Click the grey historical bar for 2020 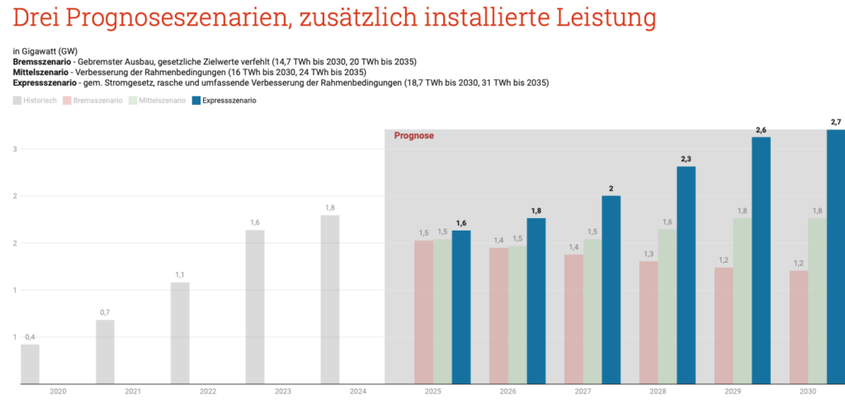click(30, 364)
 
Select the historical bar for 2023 click(255, 307)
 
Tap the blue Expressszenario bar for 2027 click(611, 289)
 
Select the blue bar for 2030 click(835, 256)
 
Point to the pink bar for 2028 click(649, 322)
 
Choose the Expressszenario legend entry click(224, 100)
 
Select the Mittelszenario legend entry click(157, 100)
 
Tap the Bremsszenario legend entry click(92, 100)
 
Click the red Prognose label click(413, 136)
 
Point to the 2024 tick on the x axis click(358, 391)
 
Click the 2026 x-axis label click(508, 391)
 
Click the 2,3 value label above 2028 click(686, 159)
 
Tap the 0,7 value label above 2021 click(105, 312)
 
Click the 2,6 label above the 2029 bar click(761, 130)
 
